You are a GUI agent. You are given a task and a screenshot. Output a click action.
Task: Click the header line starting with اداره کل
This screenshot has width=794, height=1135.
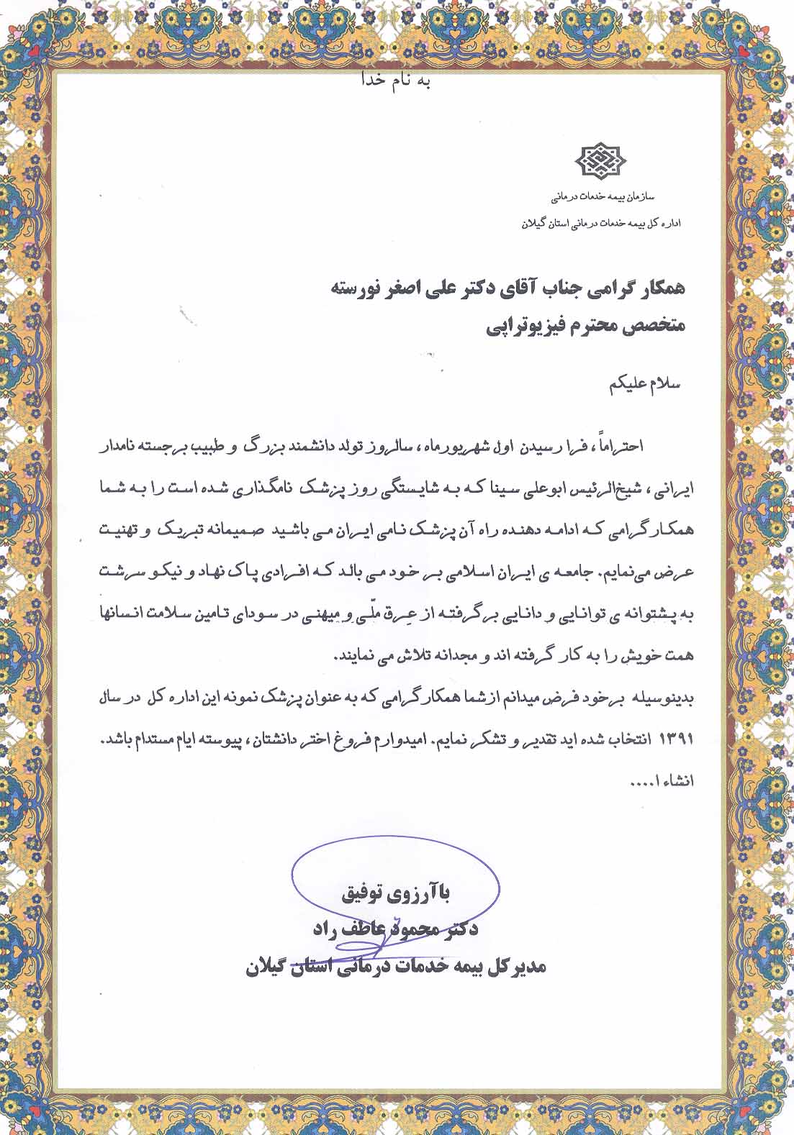pyautogui.click(x=601, y=223)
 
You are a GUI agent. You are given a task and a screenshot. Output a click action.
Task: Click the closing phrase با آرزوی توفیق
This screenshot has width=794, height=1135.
pyautogui.click(x=398, y=895)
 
